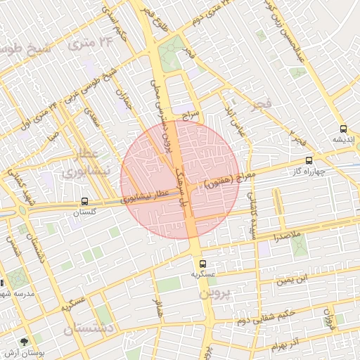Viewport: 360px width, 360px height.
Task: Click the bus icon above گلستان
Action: (85, 201)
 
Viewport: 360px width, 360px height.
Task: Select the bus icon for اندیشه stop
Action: (343, 129)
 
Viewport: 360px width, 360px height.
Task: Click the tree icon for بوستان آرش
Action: (25, 342)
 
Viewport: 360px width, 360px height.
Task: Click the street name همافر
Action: (159, 307)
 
